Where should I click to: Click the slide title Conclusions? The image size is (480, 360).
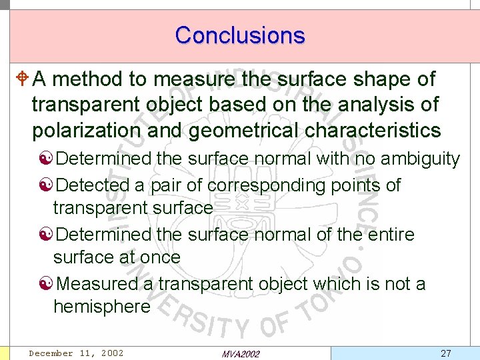(240, 35)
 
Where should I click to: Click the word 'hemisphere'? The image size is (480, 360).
(102, 307)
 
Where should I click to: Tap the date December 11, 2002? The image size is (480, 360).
(76, 353)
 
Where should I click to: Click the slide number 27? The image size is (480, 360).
(445, 353)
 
